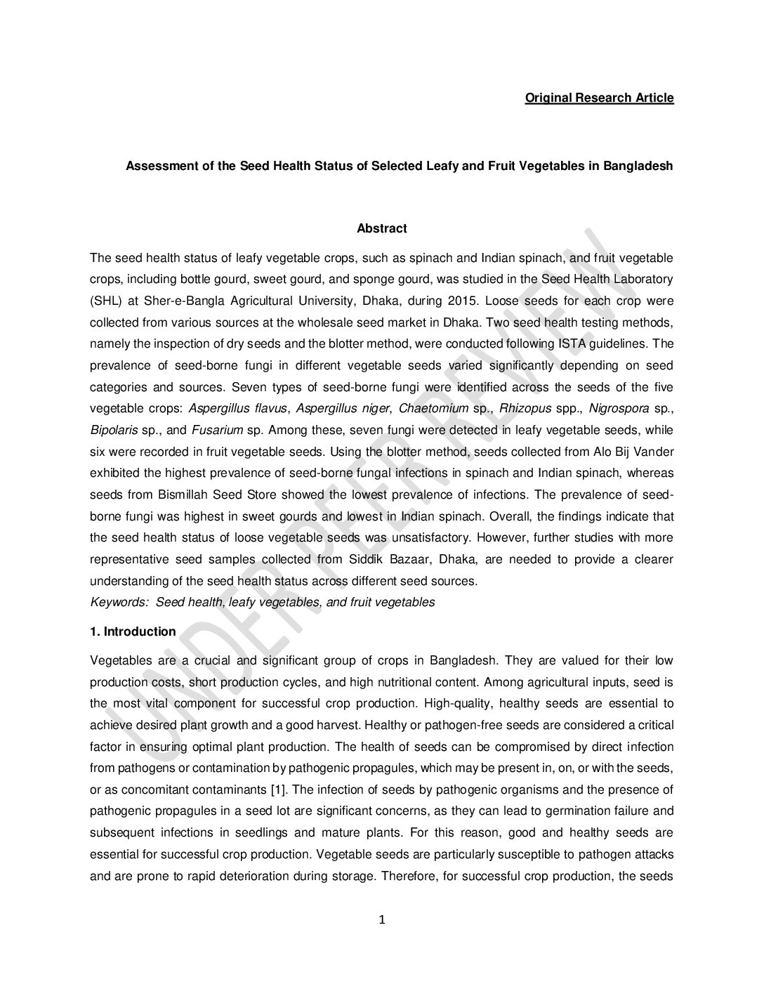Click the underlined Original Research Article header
pos(599,98)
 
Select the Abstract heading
pos(381,228)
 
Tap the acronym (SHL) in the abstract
pos(106,301)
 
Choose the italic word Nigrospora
pos(618,408)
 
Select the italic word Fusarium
pos(212,430)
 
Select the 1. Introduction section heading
pos(133,631)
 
